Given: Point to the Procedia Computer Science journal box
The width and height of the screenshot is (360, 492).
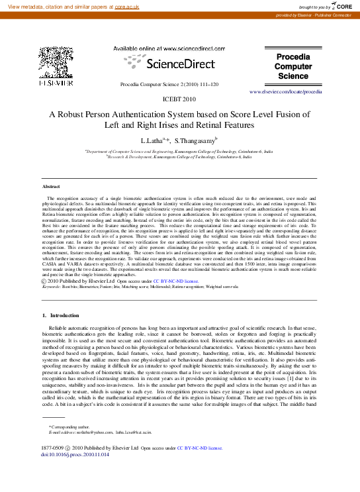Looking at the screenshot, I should pos(292,66).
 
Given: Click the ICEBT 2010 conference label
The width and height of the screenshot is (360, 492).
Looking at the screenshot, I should pos(179,99).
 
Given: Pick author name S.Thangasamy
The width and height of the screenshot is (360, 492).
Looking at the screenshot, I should pos(196,141).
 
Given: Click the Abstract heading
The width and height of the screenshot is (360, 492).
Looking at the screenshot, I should pos(51,187).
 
